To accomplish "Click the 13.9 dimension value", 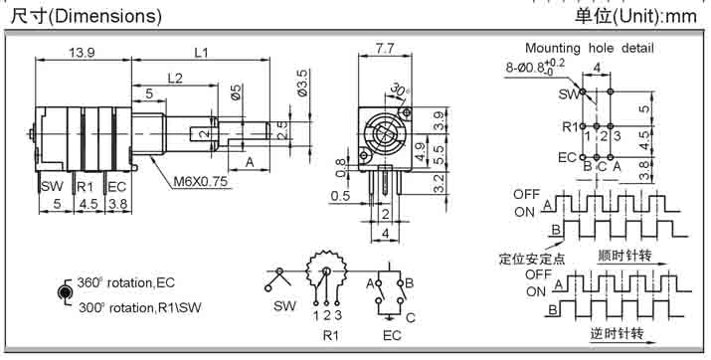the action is click(82, 52).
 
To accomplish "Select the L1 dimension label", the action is click(201, 52).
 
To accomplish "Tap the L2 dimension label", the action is click(175, 78).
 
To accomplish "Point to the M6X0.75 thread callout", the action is click(201, 182).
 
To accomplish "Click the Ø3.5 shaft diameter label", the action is click(302, 82).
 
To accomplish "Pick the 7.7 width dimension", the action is click(385, 48).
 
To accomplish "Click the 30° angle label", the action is click(399, 90).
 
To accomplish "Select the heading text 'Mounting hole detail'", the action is click(589, 48).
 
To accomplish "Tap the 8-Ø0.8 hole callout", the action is click(535, 67).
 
